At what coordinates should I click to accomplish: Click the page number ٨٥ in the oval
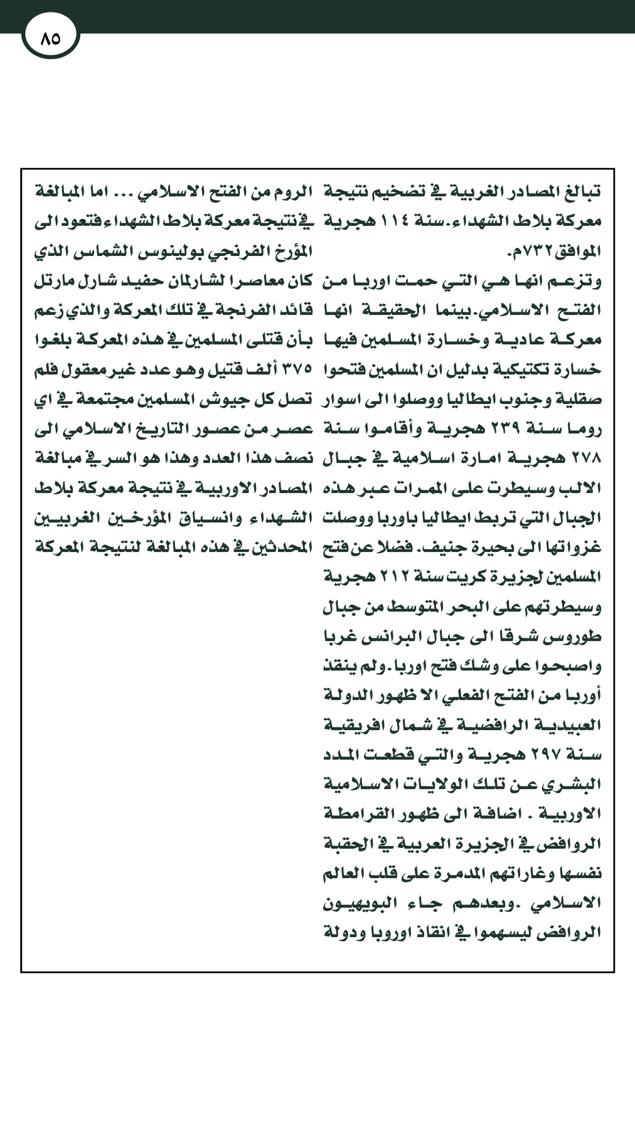coord(50,38)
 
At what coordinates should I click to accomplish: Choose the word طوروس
coord(579,637)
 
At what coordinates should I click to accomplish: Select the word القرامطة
coord(353,814)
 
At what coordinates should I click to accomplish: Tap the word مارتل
coord(53,282)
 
